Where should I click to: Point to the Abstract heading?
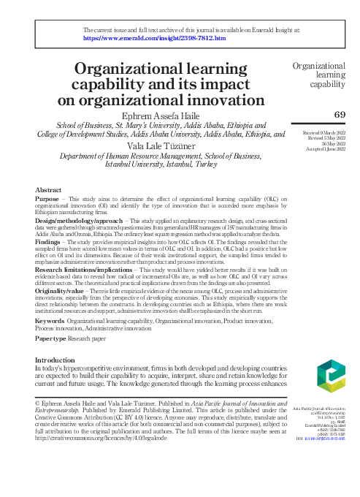(48, 190)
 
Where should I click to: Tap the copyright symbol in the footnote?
(39, 402)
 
